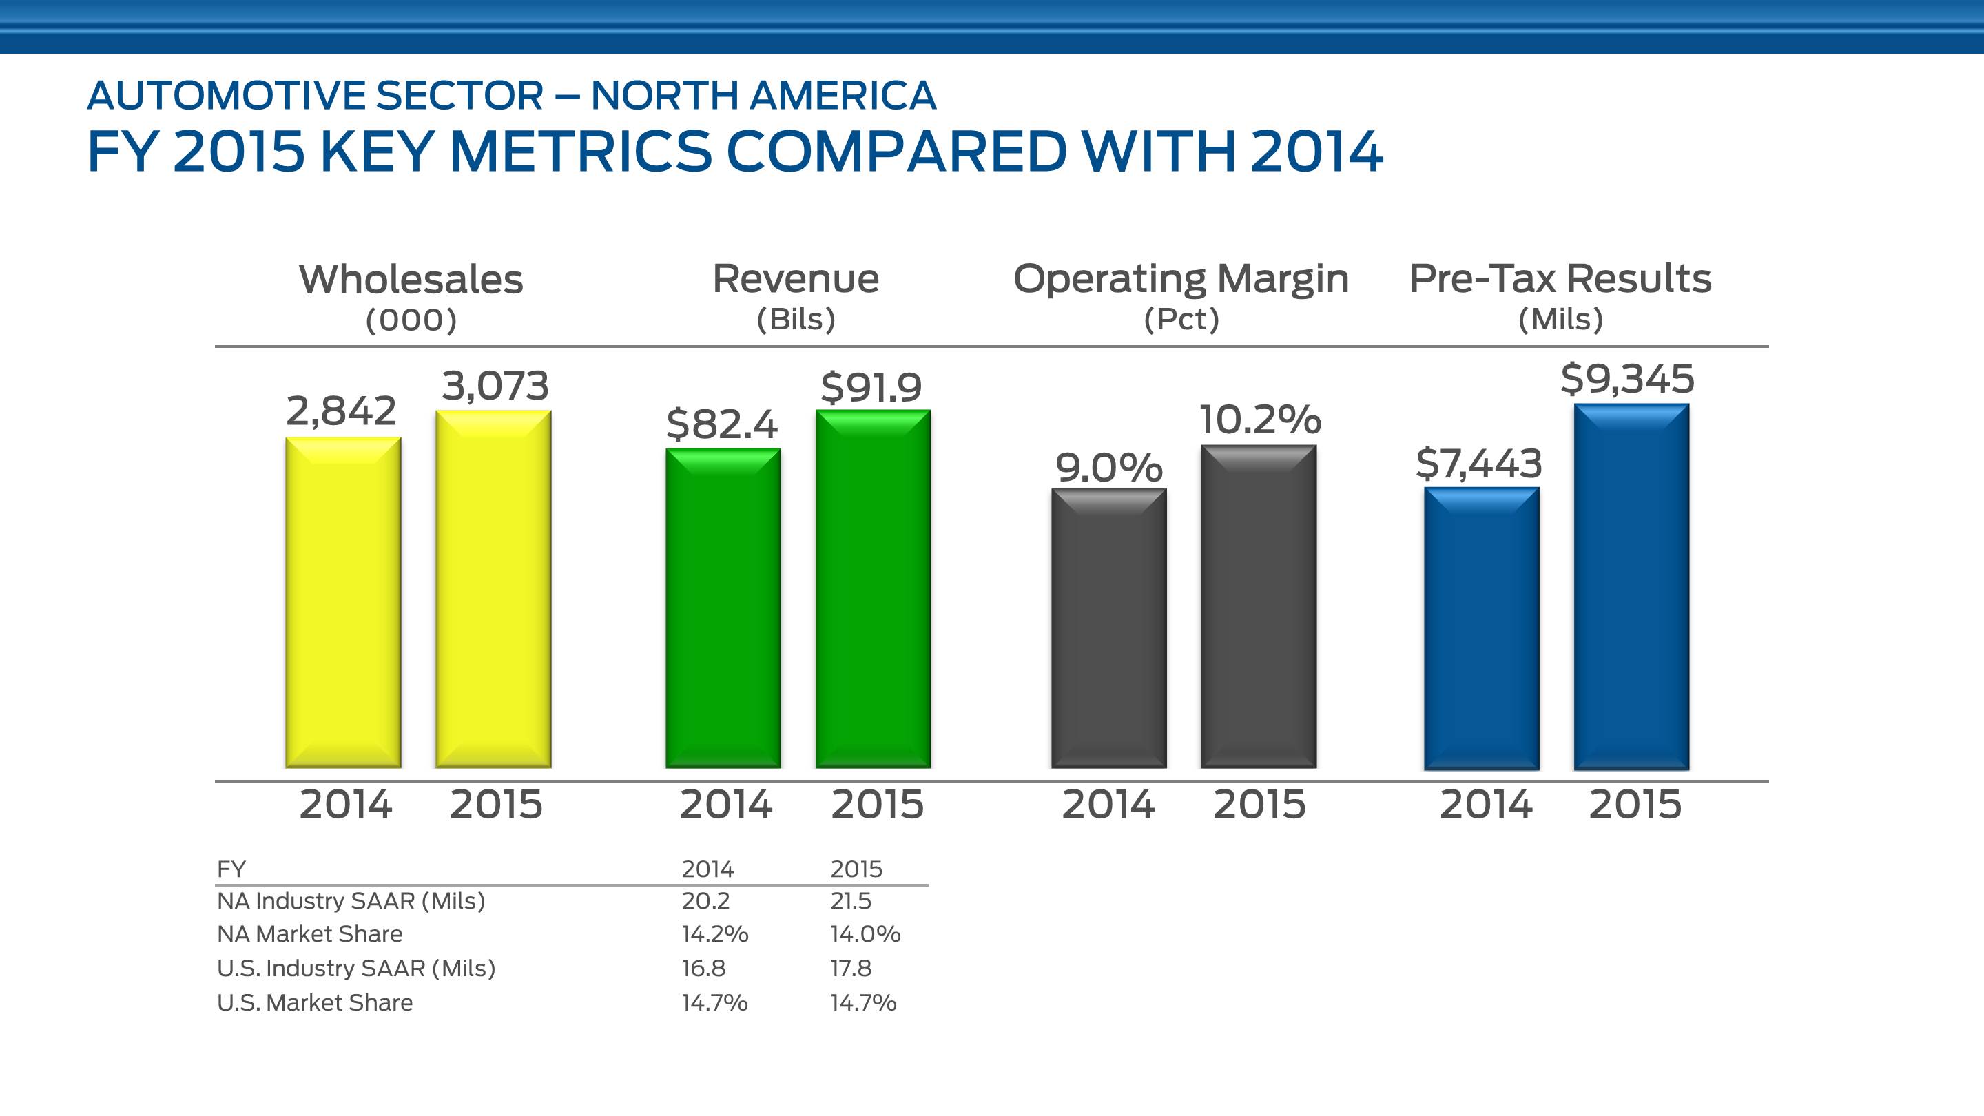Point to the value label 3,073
(x=495, y=386)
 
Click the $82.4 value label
(x=722, y=424)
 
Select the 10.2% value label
(x=1260, y=420)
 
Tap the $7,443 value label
(x=1479, y=464)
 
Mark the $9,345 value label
(x=1627, y=379)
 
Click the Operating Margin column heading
(x=1181, y=279)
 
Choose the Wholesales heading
(x=411, y=279)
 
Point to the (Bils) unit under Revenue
(x=796, y=319)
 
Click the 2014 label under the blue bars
(x=1486, y=805)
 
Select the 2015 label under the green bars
(x=877, y=805)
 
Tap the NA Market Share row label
(x=309, y=933)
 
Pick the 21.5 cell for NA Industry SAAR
(x=850, y=900)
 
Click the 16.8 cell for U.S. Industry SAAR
(x=703, y=968)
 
